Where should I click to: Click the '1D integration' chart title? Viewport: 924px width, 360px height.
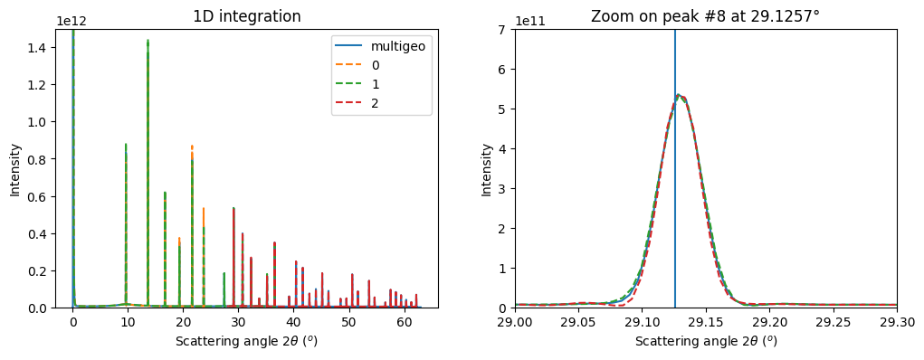(247, 16)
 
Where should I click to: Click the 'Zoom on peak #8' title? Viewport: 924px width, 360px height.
(705, 16)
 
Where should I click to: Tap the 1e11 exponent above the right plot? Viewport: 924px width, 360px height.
(529, 21)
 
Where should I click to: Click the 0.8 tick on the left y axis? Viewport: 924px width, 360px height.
(44, 159)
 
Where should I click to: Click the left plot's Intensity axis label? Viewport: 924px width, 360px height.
(14, 168)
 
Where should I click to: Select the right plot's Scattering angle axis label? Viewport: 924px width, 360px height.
(705, 341)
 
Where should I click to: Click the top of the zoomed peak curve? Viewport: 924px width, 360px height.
(679, 95)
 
